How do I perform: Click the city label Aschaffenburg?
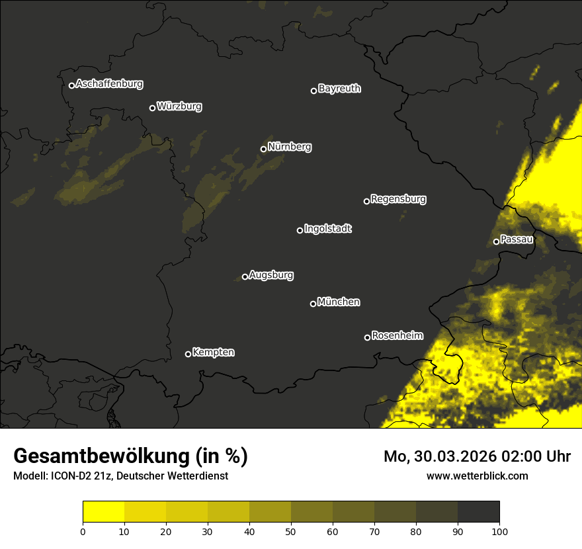pyautogui.click(x=109, y=84)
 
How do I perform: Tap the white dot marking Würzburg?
pyautogui.click(x=152, y=108)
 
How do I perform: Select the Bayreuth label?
pyautogui.click(x=339, y=89)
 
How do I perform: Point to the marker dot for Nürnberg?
pyautogui.click(x=263, y=149)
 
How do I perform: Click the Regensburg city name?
pyautogui.click(x=398, y=198)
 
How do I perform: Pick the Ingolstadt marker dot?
pyautogui.click(x=300, y=230)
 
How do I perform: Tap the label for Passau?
pyautogui.click(x=517, y=239)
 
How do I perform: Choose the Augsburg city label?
pyautogui.click(x=271, y=275)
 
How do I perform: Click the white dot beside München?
pyautogui.click(x=313, y=304)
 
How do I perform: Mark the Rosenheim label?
pyautogui.click(x=397, y=335)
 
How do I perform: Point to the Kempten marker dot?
pyautogui.click(x=188, y=354)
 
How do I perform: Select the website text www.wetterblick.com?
pyautogui.click(x=478, y=476)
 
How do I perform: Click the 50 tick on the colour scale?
pyautogui.click(x=291, y=530)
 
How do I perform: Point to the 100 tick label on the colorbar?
pyautogui.click(x=499, y=530)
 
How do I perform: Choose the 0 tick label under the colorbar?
pyautogui.click(x=83, y=530)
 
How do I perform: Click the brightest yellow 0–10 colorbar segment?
pyautogui.click(x=103, y=511)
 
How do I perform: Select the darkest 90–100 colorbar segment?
pyautogui.click(x=478, y=511)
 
